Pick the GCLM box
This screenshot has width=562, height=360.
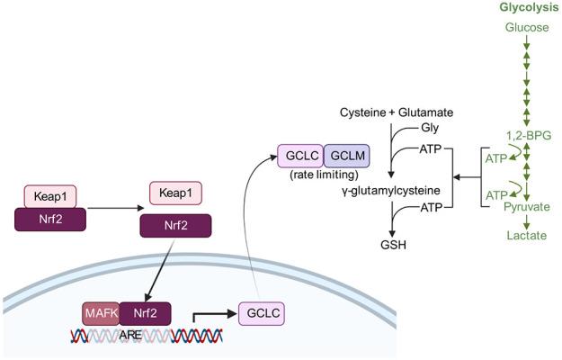[343, 156]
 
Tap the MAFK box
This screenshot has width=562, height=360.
[100, 315]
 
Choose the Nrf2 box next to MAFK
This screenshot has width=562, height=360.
[143, 315]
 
